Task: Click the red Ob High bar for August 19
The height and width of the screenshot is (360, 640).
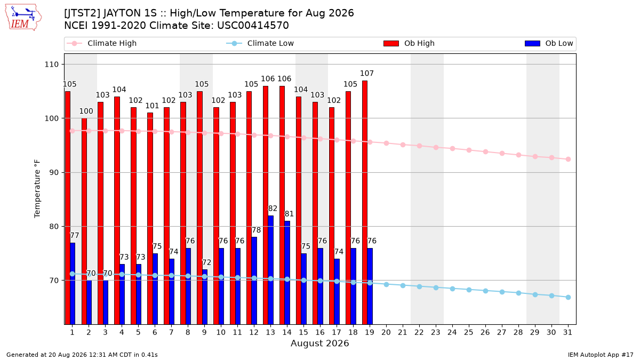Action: [365, 202]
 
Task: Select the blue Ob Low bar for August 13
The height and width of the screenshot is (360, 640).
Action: [270, 270]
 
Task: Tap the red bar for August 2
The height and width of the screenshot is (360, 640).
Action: [84, 221]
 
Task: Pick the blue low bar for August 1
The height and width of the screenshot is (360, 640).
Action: [73, 283]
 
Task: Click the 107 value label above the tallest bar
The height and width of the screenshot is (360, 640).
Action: [367, 74]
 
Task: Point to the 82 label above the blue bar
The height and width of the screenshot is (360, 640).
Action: [273, 209]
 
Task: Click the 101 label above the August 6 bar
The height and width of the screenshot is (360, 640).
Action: [152, 106]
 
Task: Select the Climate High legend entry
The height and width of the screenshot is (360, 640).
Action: [101, 43]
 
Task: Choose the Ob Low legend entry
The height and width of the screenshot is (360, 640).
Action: [549, 43]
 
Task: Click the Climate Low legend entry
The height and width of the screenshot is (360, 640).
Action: [260, 43]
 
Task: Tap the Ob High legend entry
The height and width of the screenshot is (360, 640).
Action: [409, 43]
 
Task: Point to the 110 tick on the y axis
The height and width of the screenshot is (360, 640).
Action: [51, 65]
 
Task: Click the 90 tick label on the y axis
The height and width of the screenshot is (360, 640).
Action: [54, 172]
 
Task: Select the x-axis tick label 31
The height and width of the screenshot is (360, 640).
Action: [567, 332]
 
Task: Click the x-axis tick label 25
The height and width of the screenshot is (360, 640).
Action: [469, 332]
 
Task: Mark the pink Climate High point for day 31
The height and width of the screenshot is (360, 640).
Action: [568, 159]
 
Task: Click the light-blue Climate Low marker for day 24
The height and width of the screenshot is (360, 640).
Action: [452, 289]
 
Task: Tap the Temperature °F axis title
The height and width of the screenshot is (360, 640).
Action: [37, 189]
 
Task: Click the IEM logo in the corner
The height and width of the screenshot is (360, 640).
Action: [23, 18]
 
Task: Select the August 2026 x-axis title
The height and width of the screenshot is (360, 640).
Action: [319, 343]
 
